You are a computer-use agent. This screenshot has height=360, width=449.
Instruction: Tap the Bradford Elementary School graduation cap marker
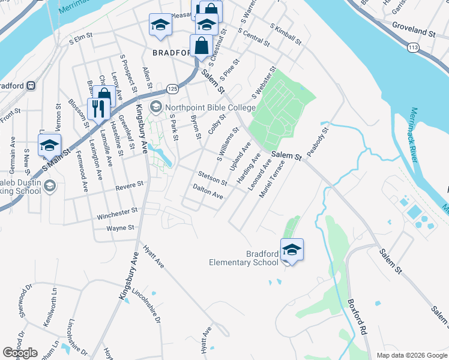point(292,249)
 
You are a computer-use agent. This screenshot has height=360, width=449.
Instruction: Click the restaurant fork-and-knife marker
point(97,109)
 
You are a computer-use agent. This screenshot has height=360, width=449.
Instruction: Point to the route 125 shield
point(172,89)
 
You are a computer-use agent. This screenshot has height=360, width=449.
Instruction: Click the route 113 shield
point(412,46)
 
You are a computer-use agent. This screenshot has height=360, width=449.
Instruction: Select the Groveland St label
point(414,31)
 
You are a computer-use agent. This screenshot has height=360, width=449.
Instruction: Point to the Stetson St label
point(213,178)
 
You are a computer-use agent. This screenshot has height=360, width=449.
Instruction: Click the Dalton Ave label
point(208,192)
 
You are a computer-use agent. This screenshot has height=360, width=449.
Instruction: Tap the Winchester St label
point(117,212)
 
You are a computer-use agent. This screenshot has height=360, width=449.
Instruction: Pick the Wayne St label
point(120,228)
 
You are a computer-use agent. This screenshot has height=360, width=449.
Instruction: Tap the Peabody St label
point(318,142)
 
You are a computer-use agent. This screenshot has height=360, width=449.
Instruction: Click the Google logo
point(20,353)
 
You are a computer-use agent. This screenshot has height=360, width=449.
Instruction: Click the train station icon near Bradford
point(29,85)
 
